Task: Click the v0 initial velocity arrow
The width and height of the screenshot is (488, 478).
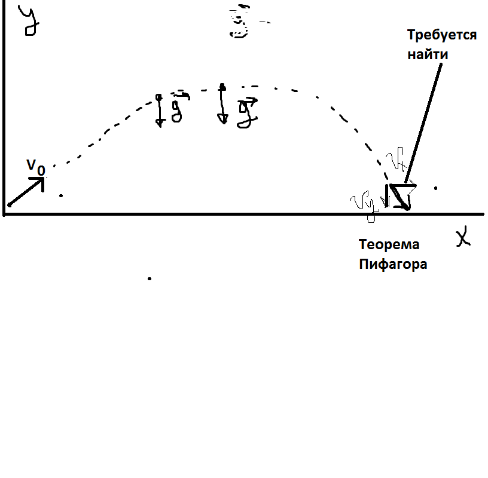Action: pos(27,192)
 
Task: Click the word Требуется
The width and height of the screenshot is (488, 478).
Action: pos(442,35)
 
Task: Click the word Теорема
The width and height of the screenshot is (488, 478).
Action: pos(389,244)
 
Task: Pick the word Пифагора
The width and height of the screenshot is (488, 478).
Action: pos(393,264)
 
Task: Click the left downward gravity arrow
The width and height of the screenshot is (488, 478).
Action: pos(160,110)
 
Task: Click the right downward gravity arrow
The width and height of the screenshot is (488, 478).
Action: pos(222,104)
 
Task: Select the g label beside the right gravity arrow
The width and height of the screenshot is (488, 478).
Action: pos(246,112)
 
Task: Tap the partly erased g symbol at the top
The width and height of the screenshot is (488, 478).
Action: pos(240,24)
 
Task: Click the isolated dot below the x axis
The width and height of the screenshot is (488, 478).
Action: pos(149,278)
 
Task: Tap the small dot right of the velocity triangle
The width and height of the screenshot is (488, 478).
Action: pos(435,188)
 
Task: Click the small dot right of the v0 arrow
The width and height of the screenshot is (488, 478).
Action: pos(60,195)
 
